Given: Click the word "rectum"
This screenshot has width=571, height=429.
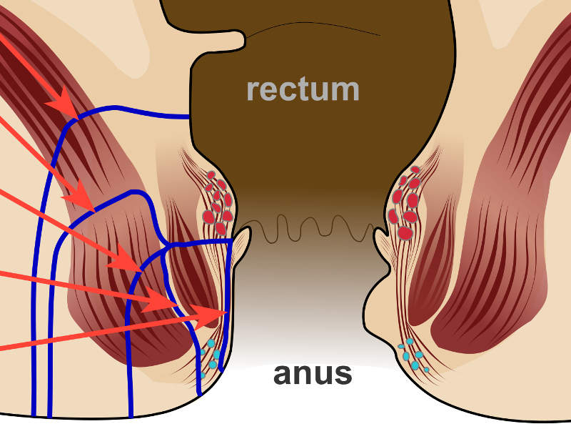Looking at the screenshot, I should [303, 89].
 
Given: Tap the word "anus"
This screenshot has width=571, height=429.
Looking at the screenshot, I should [313, 373].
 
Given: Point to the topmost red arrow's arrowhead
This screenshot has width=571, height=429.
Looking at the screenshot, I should [71, 108].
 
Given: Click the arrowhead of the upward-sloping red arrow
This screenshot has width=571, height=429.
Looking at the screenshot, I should [218, 313].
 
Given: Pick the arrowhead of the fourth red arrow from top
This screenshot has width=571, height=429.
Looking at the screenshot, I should [168, 306].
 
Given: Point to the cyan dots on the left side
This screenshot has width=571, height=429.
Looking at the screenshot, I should [210, 357].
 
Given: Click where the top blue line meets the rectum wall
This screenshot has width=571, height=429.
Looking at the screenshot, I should [189, 117].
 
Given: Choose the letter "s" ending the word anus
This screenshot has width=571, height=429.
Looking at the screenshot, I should [343, 374].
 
